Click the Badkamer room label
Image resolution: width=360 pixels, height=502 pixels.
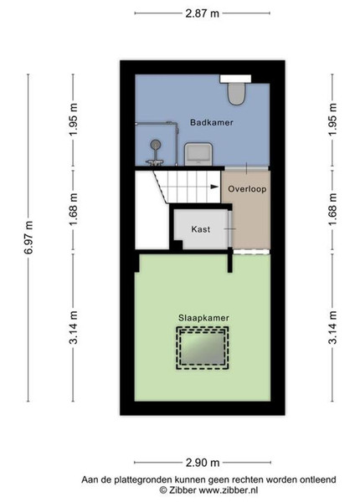click(211, 122)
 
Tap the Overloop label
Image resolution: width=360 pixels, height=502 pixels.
click(247, 189)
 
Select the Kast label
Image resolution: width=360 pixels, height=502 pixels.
click(201, 229)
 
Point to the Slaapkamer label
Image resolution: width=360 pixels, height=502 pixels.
click(203, 318)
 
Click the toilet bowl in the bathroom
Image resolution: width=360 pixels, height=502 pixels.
click(236, 94)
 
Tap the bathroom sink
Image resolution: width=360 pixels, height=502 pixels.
click(198, 154)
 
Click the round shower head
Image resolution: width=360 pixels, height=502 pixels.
click(156, 145)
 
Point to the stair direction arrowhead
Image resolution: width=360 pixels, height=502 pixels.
click(214, 187)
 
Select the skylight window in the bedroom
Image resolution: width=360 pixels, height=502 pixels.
click(202, 348)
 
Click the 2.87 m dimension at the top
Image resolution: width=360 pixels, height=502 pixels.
click(203, 13)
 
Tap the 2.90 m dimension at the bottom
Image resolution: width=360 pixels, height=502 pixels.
click(203, 463)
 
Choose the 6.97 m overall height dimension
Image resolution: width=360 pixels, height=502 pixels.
click(28, 238)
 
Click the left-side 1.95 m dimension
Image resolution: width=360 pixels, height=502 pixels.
click(74, 120)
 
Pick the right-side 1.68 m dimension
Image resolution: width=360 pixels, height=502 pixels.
click(332, 209)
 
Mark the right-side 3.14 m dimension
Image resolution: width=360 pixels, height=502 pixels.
click(332, 327)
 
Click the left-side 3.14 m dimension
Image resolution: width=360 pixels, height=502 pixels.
click(74, 327)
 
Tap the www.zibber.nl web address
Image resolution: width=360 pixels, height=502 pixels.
click(229, 490)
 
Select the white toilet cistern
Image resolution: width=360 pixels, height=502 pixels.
click(235, 79)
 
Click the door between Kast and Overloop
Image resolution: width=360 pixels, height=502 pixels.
click(230, 229)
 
